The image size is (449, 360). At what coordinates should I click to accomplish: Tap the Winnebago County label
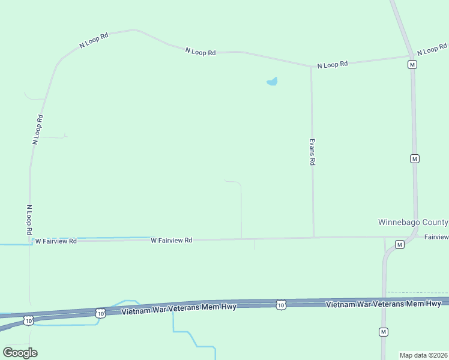(413, 222)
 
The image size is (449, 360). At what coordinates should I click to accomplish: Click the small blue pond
(272, 81)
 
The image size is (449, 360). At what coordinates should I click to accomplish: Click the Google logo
(20, 352)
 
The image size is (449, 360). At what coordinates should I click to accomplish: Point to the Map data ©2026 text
(423, 355)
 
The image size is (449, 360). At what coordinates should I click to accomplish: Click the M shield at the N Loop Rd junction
(412, 65)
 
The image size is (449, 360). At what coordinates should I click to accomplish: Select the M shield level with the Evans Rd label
(414, 158)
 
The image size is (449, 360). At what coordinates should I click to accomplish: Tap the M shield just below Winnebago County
(399, 244)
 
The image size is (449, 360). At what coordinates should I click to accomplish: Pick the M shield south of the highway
(383, 332)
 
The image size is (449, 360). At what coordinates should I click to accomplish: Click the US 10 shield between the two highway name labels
(281, 305)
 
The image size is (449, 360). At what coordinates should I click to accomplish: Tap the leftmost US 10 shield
(28, 321)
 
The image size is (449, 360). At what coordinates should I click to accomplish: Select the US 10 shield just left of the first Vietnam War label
(100, 313)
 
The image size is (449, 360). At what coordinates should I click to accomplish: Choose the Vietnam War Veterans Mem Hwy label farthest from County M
(179, 308)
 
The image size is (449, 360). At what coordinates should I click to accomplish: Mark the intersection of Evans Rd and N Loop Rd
(311, 67)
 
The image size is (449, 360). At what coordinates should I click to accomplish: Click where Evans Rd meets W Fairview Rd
(313, 238)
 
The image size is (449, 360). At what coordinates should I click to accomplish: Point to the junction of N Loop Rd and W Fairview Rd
(30, 241)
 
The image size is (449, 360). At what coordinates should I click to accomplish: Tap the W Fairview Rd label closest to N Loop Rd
(56, 241)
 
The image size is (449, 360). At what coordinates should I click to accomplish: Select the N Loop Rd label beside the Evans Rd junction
(332, 64)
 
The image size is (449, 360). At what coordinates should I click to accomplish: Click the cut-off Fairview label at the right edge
(436, 238)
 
